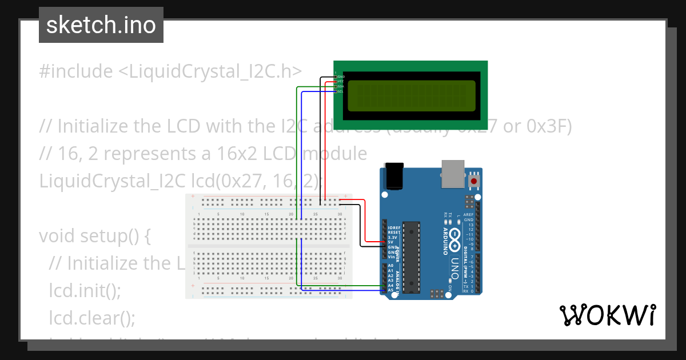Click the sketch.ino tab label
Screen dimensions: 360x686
click(x=101, y=26)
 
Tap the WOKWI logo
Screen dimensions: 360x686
click(x=607, y=315)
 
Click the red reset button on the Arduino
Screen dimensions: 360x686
click(x=474, y=182)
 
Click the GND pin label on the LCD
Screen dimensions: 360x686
click(x=341, y=77)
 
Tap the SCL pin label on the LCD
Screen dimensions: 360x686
click(x=340, y=91)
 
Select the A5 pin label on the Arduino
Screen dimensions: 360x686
click(x=391, y=290)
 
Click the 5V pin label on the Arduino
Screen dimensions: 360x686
click(x=390, y=242)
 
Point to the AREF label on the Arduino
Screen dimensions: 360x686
click(x=469, y=215)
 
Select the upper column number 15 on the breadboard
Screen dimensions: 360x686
click(x=267, y=214)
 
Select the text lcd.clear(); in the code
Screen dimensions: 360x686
click(x=92, y=317)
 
